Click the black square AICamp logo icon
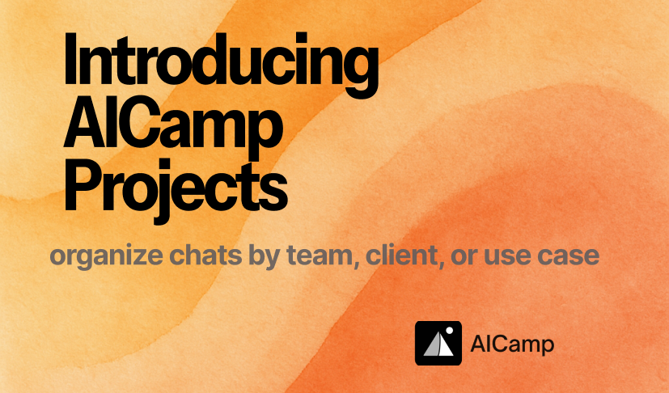(438, 343)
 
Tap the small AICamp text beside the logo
(512, 344)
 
